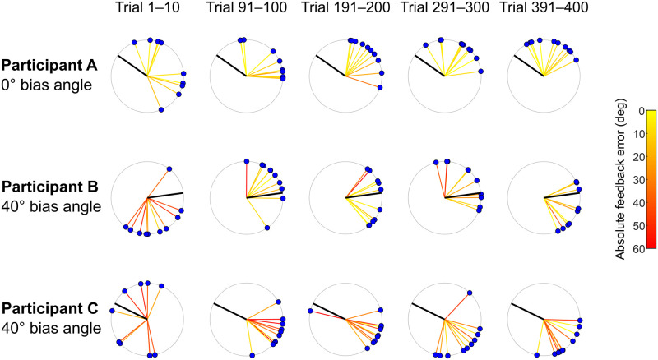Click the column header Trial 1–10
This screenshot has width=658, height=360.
[x=146, y=10]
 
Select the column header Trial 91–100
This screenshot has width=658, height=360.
[x=245, y=10]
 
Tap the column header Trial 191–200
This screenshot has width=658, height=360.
[x=345, y=10]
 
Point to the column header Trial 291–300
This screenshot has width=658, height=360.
[x=443, y=10]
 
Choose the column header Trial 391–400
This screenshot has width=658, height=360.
[x=543, y=10]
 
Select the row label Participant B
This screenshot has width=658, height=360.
[x=50, y=187]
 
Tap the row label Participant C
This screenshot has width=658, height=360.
[x=50, y=308]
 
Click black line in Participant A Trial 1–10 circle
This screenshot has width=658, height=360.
[x=132, y=66]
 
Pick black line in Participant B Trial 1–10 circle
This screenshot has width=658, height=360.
[x=165, y=195]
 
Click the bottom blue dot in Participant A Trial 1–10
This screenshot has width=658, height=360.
[x=161, y=109]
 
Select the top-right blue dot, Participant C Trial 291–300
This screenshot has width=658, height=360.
[x=470, y=293]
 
